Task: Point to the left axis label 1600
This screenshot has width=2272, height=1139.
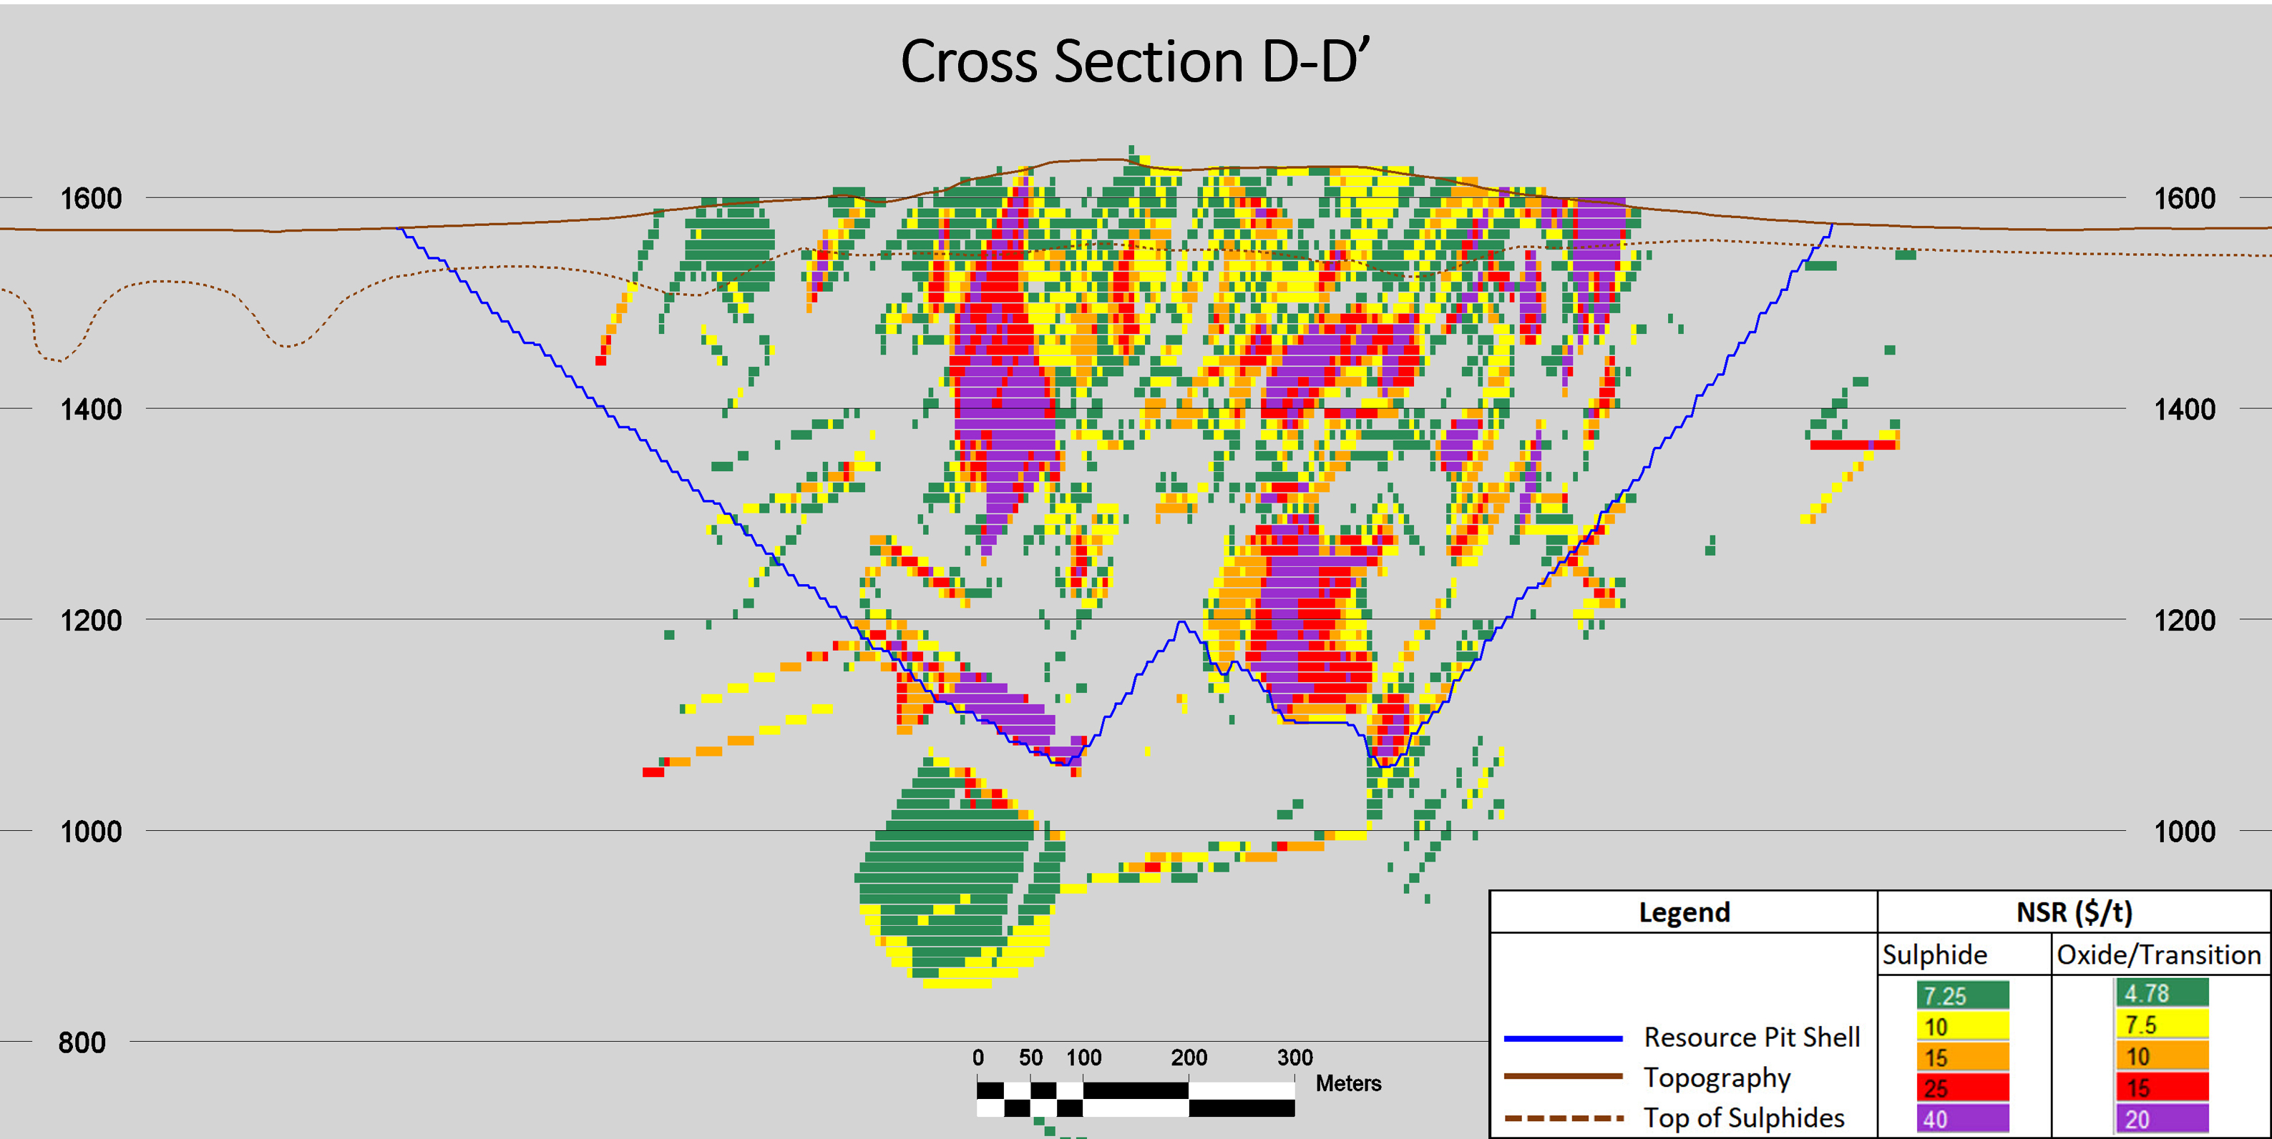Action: click(x=91, y=198)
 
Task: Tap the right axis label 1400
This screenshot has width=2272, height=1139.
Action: click(x=2184, y=410)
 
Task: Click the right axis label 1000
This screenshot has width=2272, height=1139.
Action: click(x=2184, y=832)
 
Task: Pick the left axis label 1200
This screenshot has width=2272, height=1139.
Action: click(x=91, y=621)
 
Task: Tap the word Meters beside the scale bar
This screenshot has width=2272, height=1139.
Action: click(x=1347, y=1083)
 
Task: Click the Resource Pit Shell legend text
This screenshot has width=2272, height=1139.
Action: click(x=1752, y=1037)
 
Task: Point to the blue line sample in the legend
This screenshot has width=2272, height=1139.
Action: click(x=1563, y=1038)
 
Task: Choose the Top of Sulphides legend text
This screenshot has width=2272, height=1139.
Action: click(x=1744, y=1118)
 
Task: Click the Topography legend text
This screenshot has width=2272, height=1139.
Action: click(x=1717, y=1078)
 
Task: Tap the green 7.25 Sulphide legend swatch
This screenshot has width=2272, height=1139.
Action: click(x=1962, y=995)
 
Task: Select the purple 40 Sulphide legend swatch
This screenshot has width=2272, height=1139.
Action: click(x=1962, y=1119)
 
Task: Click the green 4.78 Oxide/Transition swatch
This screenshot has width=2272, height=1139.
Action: click(x=2161, y=992)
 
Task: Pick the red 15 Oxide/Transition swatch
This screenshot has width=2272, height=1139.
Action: click(x=2161, y=1088)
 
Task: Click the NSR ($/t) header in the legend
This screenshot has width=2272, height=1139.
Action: click(x=2074, y=912)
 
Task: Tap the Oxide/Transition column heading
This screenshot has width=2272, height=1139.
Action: click(x=2158, y=955)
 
